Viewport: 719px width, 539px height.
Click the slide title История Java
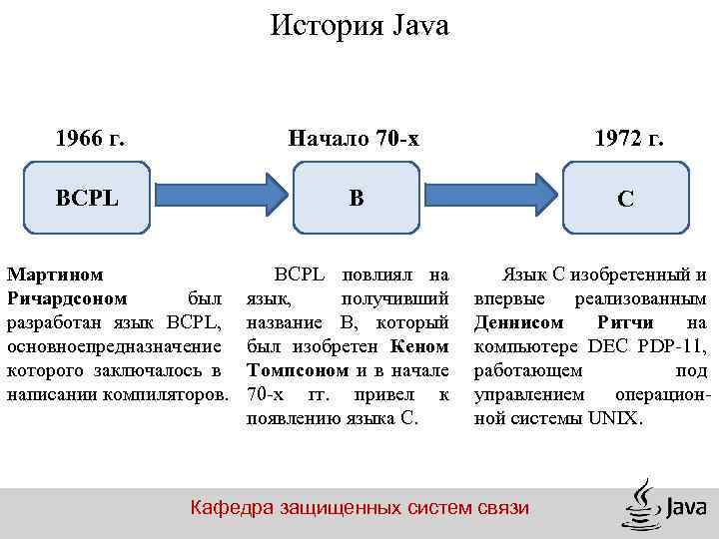tap(359, 26)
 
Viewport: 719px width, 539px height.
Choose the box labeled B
tap(357, 197)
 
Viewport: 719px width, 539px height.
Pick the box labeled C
tap(625, 199)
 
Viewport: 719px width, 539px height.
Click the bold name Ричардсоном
tap(67, 298)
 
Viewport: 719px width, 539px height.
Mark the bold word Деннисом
tap(518, 322)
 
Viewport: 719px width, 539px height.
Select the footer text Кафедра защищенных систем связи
tap(359, 508)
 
